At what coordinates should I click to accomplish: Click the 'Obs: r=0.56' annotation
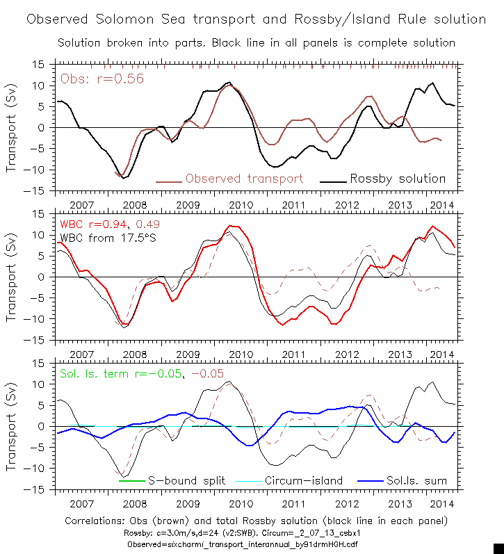[102, 79]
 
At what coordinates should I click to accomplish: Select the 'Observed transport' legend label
[244, 179]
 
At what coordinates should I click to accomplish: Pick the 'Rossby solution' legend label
[398, 179]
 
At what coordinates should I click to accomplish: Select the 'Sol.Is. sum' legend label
[416, 480]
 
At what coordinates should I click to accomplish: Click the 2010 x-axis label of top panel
[241, 206]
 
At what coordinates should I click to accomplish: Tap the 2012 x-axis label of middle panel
[347, 355]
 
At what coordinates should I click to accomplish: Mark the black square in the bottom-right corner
[498, 548]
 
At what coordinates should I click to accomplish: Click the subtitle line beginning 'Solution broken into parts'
[256, 43]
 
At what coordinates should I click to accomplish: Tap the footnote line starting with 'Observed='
[256, 544]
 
